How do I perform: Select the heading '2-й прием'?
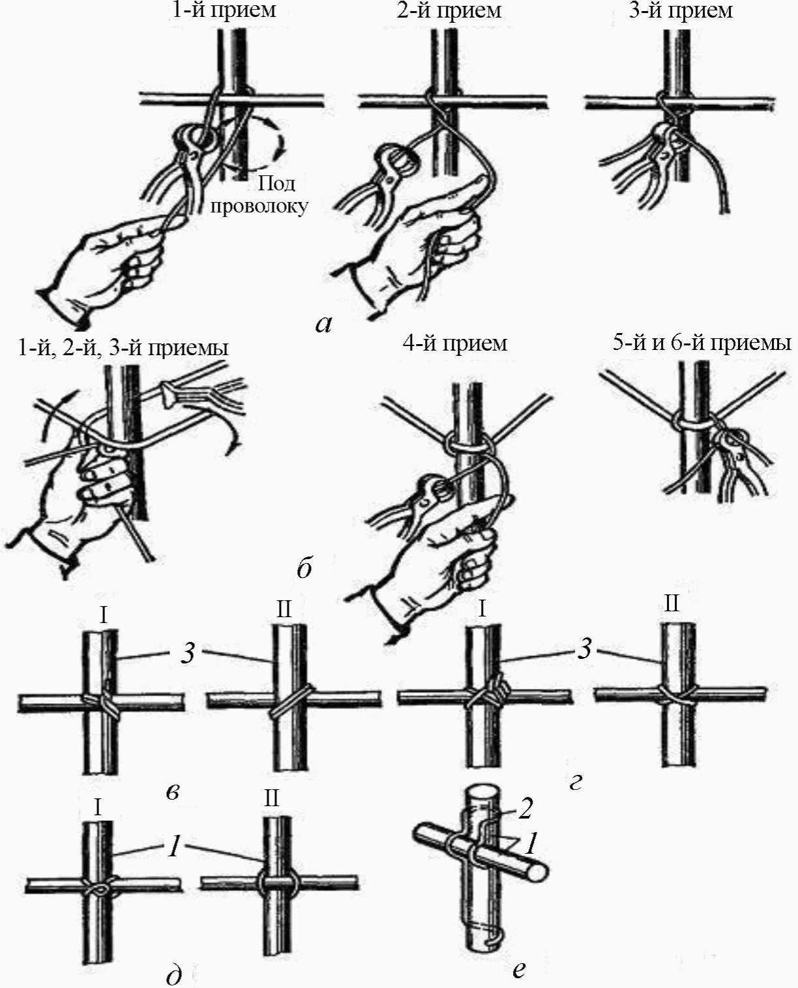click(449, 10)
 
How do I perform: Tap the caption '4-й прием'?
click(454, 343)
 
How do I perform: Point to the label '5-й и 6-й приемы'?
click(702, 343)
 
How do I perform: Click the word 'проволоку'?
click(259, 206)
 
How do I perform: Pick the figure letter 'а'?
click(323, 323)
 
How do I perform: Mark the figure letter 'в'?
click(172, 791)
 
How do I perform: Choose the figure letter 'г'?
click(575, 781)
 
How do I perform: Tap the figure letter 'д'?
click(174, 975)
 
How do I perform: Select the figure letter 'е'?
click(518, 969)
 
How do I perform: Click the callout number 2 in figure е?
click(525, 808)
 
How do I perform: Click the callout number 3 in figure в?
click(188, 652)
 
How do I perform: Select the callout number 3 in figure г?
click(585, 648)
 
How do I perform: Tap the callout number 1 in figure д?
click(174, 846)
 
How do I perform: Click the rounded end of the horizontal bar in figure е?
click(540, 872)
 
